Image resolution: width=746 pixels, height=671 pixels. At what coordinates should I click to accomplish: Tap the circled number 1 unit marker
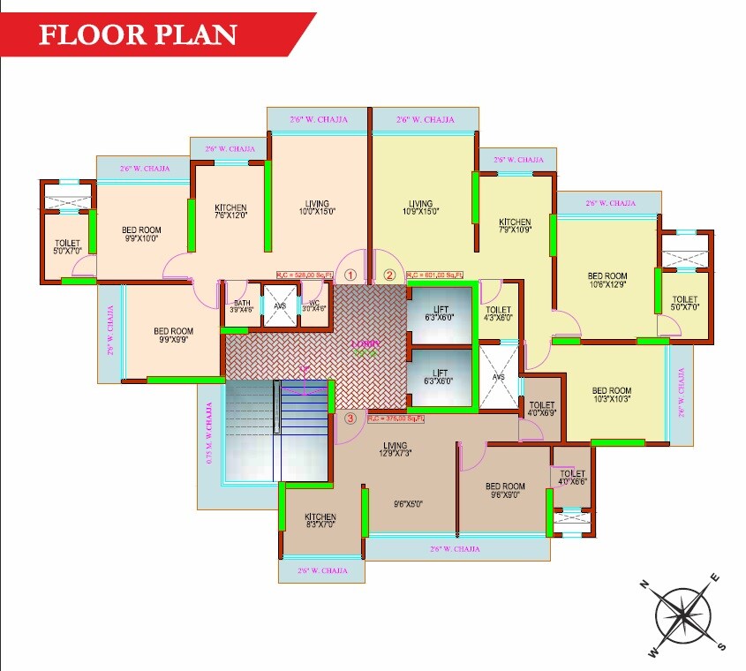pyautogui.click(x=351, y=275)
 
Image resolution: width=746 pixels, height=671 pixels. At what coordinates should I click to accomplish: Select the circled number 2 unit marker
pyautogui.click(x=390, y=275)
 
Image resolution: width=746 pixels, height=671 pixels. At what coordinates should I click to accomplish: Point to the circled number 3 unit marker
pyautogui.click(x=350, y=418)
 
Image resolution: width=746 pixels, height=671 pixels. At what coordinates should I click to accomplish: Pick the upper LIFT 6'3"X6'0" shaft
pyautogui.click(x=439, y=313)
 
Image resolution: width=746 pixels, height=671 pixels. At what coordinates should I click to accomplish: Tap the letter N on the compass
pyautogui.click(x=645, y=584)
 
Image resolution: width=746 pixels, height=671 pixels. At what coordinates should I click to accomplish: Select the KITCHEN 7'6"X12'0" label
pyautogui.click(x=230, y=211)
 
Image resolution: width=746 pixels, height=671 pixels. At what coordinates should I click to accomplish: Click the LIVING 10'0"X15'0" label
pyautogui.click(x=318, y=206)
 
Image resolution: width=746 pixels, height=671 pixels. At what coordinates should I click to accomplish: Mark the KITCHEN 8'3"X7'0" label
pyautogui.click(x=320, y=521)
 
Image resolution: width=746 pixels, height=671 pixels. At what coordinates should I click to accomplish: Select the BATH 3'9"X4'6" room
pyautogui.click(x=240, y=305)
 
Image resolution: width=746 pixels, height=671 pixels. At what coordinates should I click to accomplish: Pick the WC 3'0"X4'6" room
pyautogui.click(x=314, y=305)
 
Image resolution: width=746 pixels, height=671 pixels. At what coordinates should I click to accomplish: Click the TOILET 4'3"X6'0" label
pyautogui.click(x=499, y=314)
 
